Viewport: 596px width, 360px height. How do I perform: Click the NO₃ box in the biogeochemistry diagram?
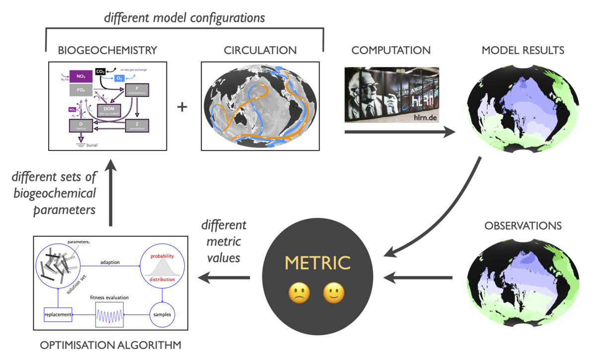click(81, 76)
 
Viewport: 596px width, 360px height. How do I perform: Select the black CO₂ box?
click(100, 72)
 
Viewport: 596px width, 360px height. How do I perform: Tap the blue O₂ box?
click(120, 78)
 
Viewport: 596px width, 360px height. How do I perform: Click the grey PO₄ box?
click(81, 90)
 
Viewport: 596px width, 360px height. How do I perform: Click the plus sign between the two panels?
click(182, 106)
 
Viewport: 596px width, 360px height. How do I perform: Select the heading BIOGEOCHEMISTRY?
click(107, 50)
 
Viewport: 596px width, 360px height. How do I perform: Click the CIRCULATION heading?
click(260, 50)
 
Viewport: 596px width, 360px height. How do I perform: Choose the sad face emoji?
click(299, 293)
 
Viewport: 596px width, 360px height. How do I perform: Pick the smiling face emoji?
click(334, 293)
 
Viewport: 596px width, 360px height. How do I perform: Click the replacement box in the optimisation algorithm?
click(58, 315)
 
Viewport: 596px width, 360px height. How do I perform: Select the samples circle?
click(162, 315)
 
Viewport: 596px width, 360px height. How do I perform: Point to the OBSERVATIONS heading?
click(522, 225)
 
